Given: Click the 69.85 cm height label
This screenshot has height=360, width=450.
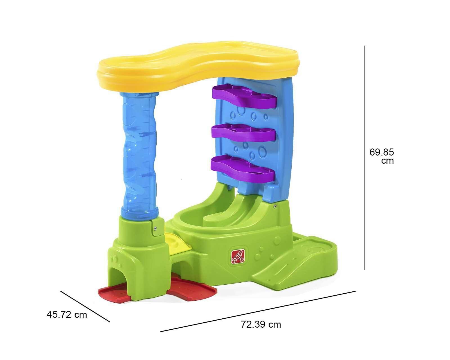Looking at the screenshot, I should click(381, 156).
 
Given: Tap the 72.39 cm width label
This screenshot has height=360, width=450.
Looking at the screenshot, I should click(261, 324).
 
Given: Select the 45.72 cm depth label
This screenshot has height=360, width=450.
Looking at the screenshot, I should click(67, 314).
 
